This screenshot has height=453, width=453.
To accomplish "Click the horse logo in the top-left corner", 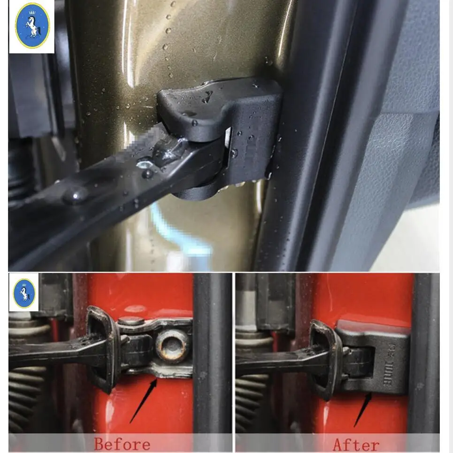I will coord(32,26).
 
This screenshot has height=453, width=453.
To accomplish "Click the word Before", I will coord(122,444).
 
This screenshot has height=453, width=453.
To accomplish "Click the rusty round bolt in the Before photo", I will coord(171,345).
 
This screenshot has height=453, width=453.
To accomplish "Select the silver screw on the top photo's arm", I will coord(145,164).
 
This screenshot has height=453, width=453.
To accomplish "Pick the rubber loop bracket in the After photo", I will coord(324,357).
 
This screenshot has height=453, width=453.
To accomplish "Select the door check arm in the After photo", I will coord(272,359).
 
